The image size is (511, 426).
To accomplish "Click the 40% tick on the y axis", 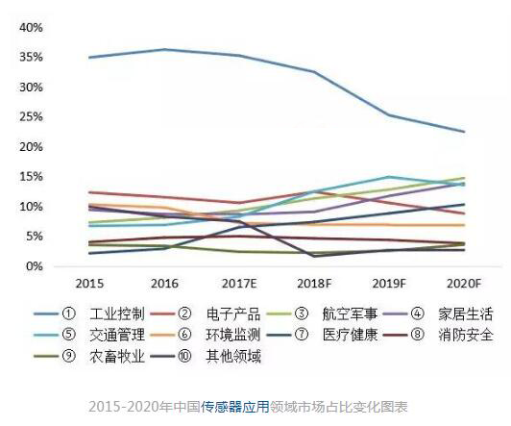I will [x=30, y=27].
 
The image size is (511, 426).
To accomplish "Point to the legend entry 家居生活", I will [x=450, y=313].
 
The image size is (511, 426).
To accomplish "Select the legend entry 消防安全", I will [x=450, y=336].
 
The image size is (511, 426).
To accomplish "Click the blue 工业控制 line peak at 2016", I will [x=164, y=49].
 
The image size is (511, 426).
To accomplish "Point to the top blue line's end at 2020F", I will [x=465, y=132].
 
